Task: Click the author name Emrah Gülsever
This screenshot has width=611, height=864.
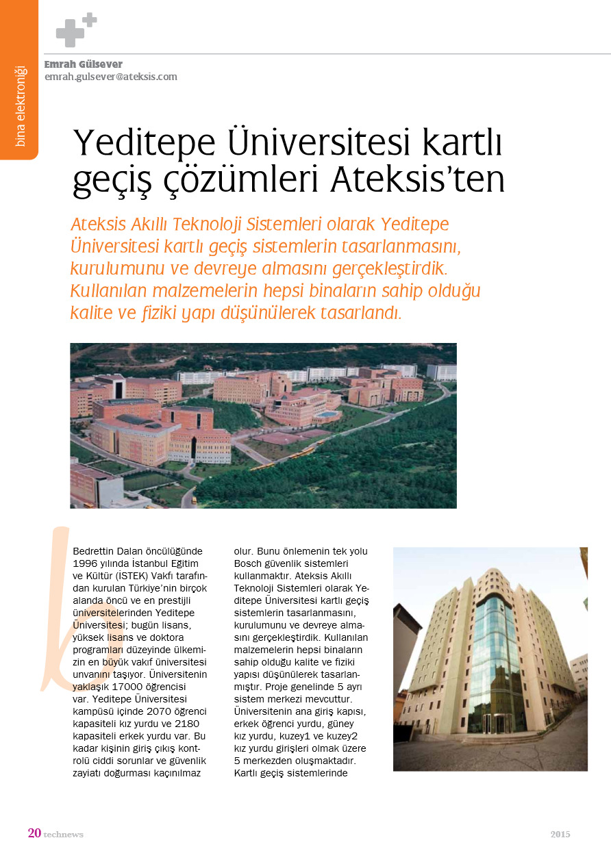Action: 83,64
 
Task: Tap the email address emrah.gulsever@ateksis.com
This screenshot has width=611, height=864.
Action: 110,77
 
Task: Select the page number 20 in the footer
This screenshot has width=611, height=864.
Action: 34,833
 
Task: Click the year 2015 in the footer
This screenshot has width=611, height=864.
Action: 560,834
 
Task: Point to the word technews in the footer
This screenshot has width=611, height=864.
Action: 64,835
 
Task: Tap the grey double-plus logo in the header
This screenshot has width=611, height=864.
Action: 75,29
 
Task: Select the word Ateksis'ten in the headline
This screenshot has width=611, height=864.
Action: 418,179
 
